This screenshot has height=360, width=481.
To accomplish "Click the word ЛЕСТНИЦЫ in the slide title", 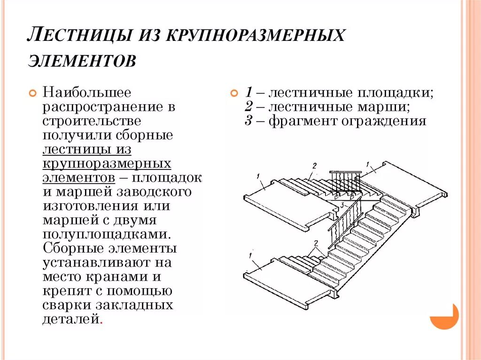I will (x=79, y=36).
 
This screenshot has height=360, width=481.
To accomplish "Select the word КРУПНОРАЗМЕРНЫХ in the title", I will (x=254, y=36).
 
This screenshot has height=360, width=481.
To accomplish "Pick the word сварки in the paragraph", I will (x=66, y=305).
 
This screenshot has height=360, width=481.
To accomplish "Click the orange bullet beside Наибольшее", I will (x=32, y=93).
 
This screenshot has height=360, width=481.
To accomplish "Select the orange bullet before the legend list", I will (x=233, y=93).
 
